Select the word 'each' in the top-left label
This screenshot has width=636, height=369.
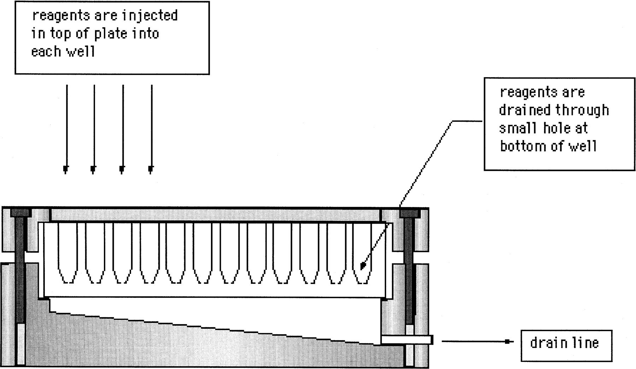tap(46, 51)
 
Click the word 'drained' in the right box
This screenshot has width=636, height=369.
tap(525, 110)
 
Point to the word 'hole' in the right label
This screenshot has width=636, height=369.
tap(556, 128)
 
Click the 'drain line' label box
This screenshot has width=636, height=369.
tap(566, 346)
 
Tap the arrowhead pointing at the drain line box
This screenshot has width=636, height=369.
tap(508, 341)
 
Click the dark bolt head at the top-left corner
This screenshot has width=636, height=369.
tap(21, 213)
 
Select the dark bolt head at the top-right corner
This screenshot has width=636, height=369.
tap(410, 213)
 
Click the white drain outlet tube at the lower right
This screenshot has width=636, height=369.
tap(407, 340)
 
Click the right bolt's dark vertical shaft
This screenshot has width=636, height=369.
tap(409, 271)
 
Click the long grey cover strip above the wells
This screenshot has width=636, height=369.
tap(215, 215)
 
